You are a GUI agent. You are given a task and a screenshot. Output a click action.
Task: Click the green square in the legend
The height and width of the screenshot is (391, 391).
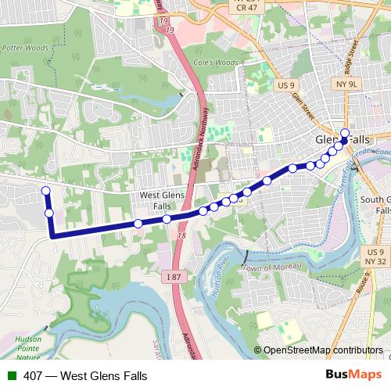[x=11, y=375]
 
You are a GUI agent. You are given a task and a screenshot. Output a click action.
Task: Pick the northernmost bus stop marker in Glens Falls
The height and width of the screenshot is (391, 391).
[x=345, y=131]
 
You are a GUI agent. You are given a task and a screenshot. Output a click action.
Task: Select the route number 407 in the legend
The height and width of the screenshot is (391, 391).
[x=33, y=375]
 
